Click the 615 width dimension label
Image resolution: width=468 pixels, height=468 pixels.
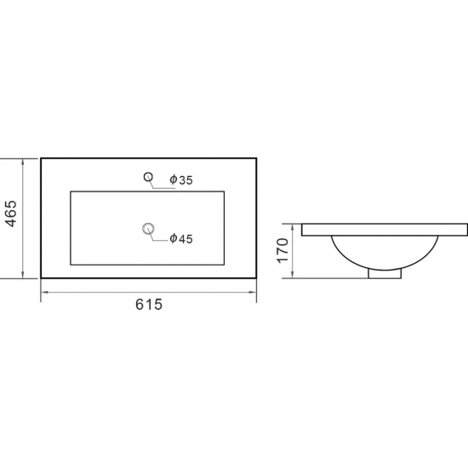[x=149, y=305]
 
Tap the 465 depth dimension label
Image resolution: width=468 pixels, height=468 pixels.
[x=12, y=214]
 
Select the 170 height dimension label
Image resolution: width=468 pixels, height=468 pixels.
[x=283, y=251]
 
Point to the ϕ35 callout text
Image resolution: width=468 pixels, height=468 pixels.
[x=181, y=180]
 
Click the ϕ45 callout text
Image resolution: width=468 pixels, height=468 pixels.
[x=181, y=239]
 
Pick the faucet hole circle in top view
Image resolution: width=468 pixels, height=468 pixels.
[x=148, y=177]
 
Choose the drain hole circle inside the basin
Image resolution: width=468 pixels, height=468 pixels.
[x=148, y=229]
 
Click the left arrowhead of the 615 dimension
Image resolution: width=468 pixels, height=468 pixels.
[x=44, y=292]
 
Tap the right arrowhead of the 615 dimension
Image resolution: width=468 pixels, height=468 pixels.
[x=253, y=292]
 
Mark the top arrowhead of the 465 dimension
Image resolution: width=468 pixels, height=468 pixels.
[x=23, y=162]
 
